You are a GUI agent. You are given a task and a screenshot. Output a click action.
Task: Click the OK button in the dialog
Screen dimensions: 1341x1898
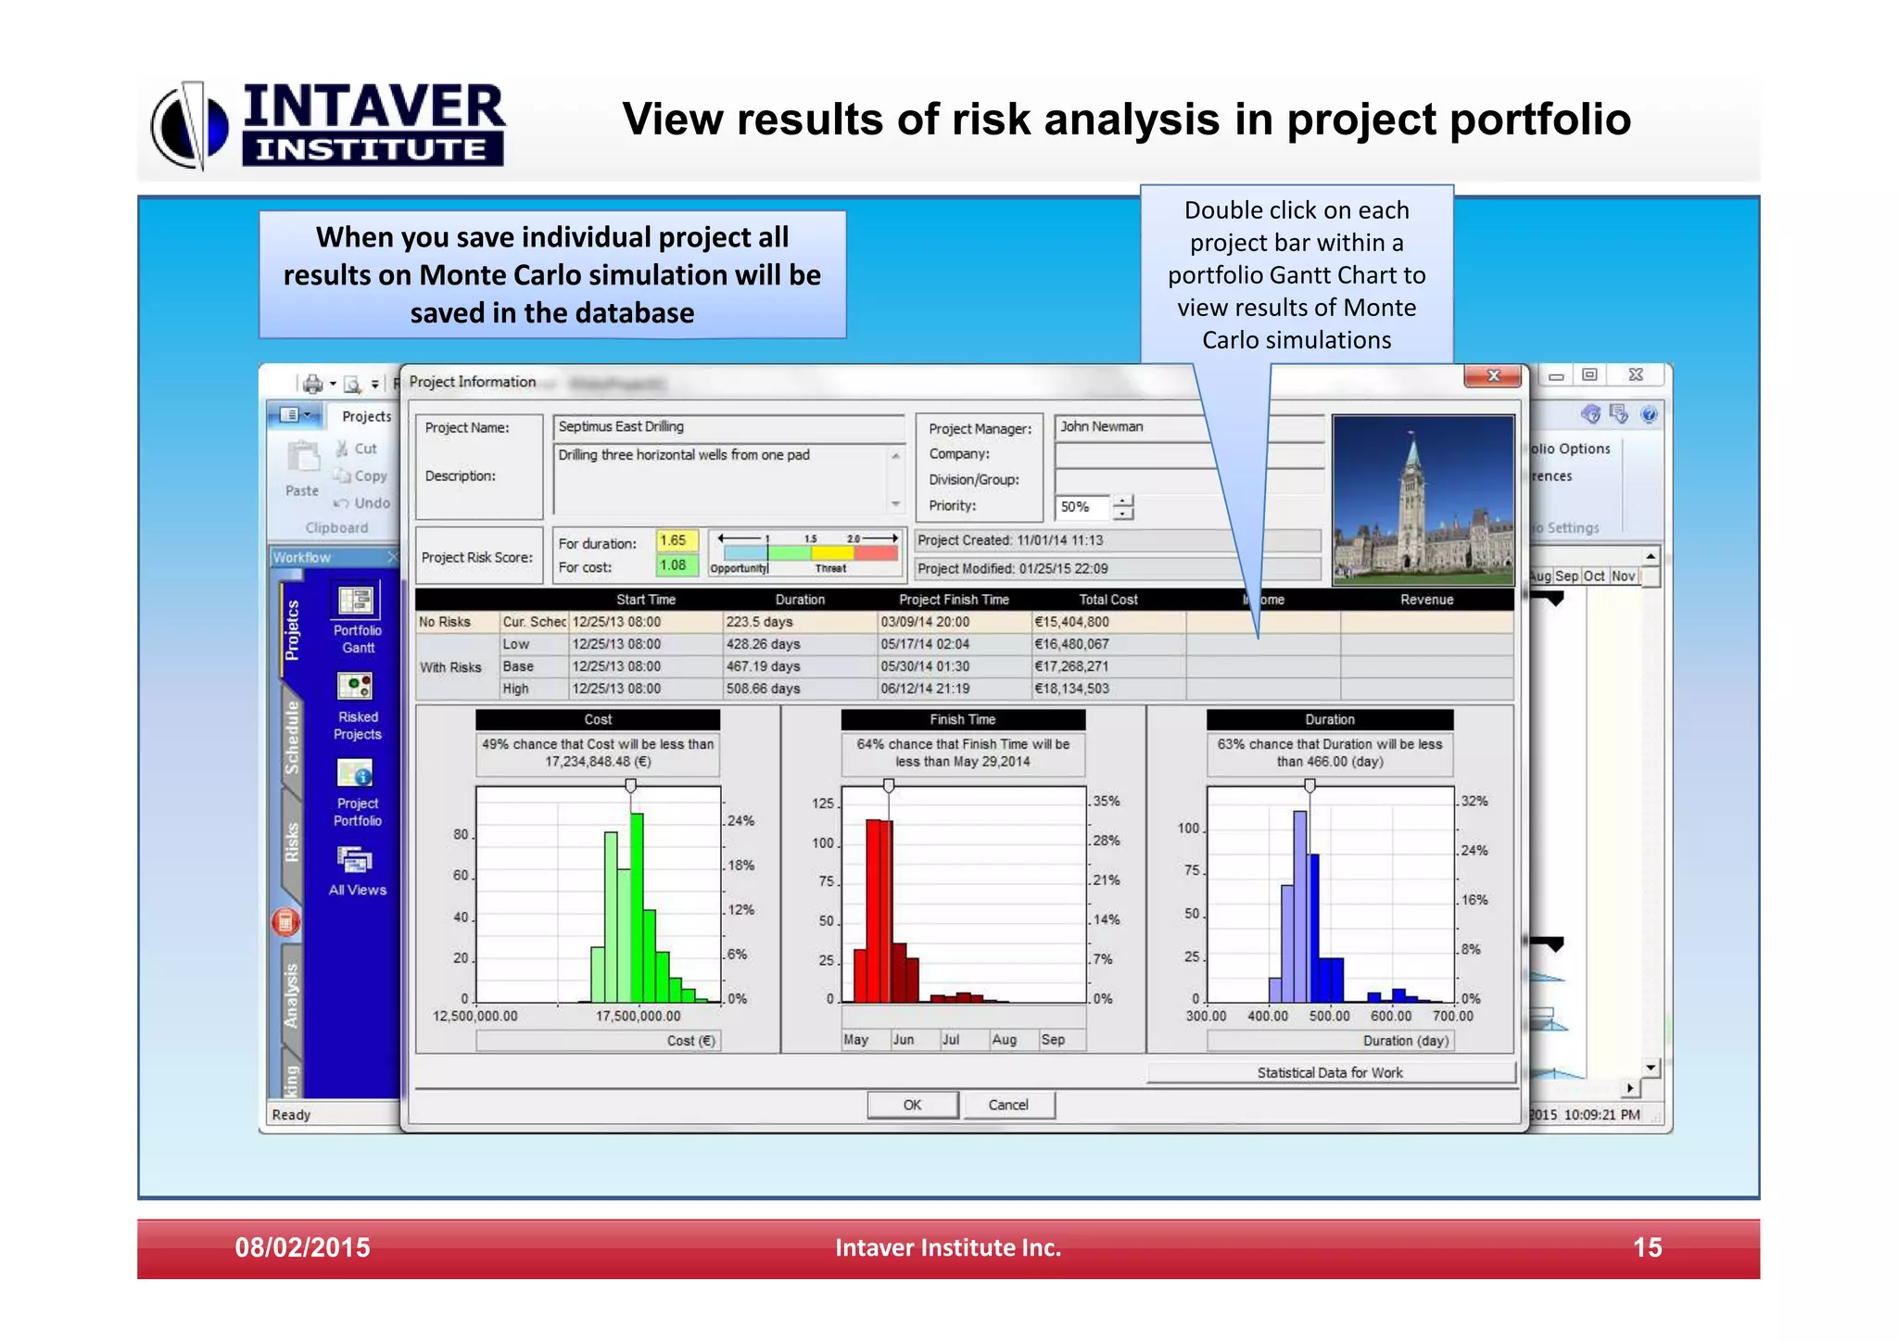pos(912,1105)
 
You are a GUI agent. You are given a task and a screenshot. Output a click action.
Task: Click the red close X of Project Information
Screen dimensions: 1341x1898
pos(1492,375)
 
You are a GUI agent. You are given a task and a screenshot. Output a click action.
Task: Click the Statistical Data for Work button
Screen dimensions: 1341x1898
pos(1330,1072)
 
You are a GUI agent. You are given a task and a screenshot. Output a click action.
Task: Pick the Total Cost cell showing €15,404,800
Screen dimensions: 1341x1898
pos(1072,622)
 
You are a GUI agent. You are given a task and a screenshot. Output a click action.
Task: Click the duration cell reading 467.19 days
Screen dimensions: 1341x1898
pos(764,666)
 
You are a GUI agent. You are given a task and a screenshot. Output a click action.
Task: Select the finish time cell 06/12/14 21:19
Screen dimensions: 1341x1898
pos(925,689)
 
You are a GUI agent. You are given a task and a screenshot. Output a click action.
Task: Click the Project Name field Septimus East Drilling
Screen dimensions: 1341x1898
pos(728,427)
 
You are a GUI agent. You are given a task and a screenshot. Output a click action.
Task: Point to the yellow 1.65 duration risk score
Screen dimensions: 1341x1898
pos(674,540)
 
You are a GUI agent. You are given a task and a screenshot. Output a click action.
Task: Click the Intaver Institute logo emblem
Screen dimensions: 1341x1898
pos(190,126)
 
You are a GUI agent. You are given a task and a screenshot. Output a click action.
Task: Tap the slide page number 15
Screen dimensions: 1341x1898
pos(1647,1247)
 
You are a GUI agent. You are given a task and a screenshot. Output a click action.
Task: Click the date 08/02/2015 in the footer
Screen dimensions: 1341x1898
pos(302,1247)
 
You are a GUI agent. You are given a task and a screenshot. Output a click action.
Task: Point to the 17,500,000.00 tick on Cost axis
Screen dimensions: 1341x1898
pos(638,1016)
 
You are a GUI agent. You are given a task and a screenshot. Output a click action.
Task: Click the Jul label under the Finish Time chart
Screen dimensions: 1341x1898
pos(951,1040)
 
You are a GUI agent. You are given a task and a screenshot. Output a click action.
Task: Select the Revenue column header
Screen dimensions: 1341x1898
pos(1426,600)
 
